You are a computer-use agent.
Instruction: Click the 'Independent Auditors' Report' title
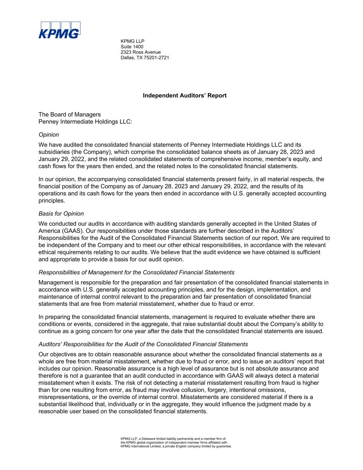[184, 95]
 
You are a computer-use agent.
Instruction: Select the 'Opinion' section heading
[49, 135]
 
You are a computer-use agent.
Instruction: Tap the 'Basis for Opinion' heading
[61, 213]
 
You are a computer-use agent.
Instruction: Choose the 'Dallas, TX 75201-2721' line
[145, 58]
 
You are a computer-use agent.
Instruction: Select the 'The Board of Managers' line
[70, 114]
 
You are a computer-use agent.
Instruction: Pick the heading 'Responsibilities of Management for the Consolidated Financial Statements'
[137, 272]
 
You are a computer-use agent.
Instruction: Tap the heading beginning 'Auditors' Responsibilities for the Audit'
[143, 344]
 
